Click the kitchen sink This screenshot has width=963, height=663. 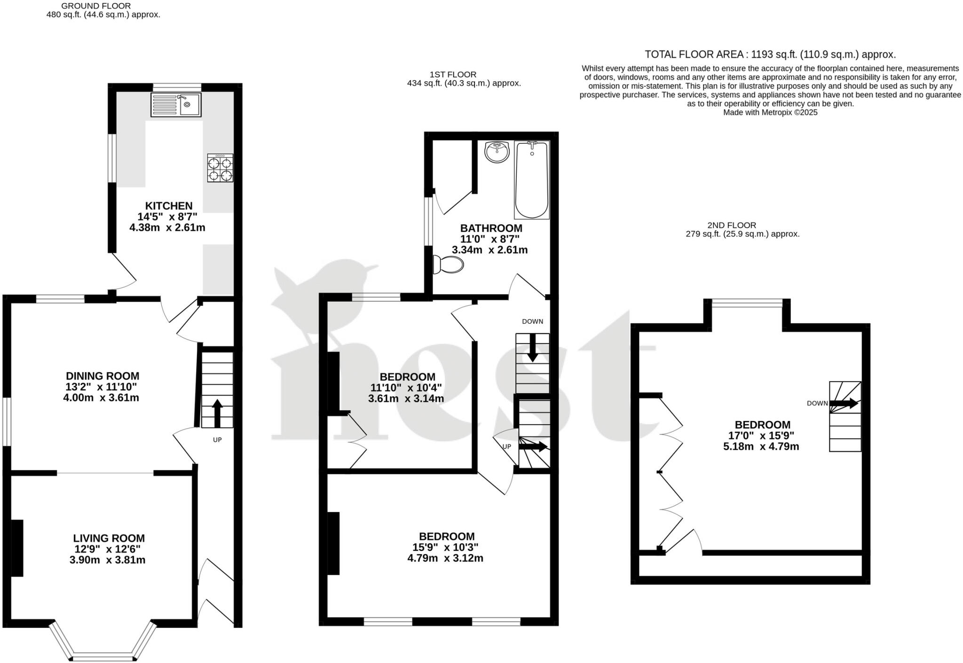176,104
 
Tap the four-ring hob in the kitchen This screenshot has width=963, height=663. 220,168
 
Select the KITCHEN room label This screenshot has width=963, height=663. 168,206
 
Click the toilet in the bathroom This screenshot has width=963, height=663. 448,265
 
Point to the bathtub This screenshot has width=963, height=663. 532,180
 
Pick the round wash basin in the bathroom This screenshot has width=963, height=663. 497,152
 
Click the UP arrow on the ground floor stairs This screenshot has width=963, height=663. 217,413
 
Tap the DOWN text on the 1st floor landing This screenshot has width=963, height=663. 532,321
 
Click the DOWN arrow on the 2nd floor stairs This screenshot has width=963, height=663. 843,403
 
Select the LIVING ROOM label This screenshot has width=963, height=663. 109,538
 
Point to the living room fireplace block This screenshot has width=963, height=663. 17,547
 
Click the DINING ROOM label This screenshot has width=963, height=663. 102,376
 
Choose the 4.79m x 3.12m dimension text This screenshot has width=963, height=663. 445,558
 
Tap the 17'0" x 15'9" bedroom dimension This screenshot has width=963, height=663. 760,435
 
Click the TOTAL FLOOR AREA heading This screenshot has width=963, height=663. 770,55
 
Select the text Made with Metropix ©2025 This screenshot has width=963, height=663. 770,112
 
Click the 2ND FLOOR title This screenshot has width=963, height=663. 731,225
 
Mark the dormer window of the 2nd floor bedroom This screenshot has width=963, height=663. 747,304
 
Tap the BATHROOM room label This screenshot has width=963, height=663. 490,228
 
